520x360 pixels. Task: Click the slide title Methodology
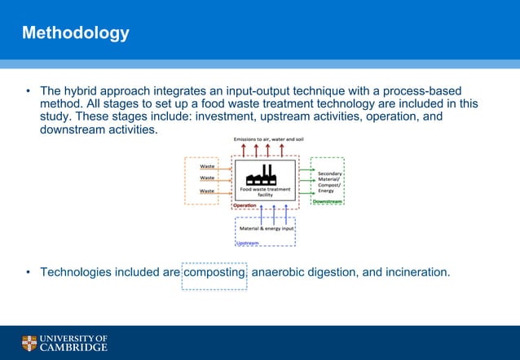pyautogui.click(x=75, y=33)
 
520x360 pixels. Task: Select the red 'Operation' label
pyautogui.click(x=245, y=205)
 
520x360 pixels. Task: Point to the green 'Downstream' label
pyautogui.click(x=328, y=201)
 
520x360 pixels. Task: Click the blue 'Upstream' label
pyautogui.click(x=248, y=242)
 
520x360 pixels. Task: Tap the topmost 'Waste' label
pyautogui.click(x=207, y=165)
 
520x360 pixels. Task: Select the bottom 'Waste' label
pyautogui.click(x=207, y=191)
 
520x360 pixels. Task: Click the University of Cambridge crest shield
pyautogui.click(x=29, y=342)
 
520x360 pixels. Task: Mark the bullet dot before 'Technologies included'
pyautogui.click(x=27, y=272)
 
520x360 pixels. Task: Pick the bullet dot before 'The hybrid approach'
pyautogui.click(x=27, y=91)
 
